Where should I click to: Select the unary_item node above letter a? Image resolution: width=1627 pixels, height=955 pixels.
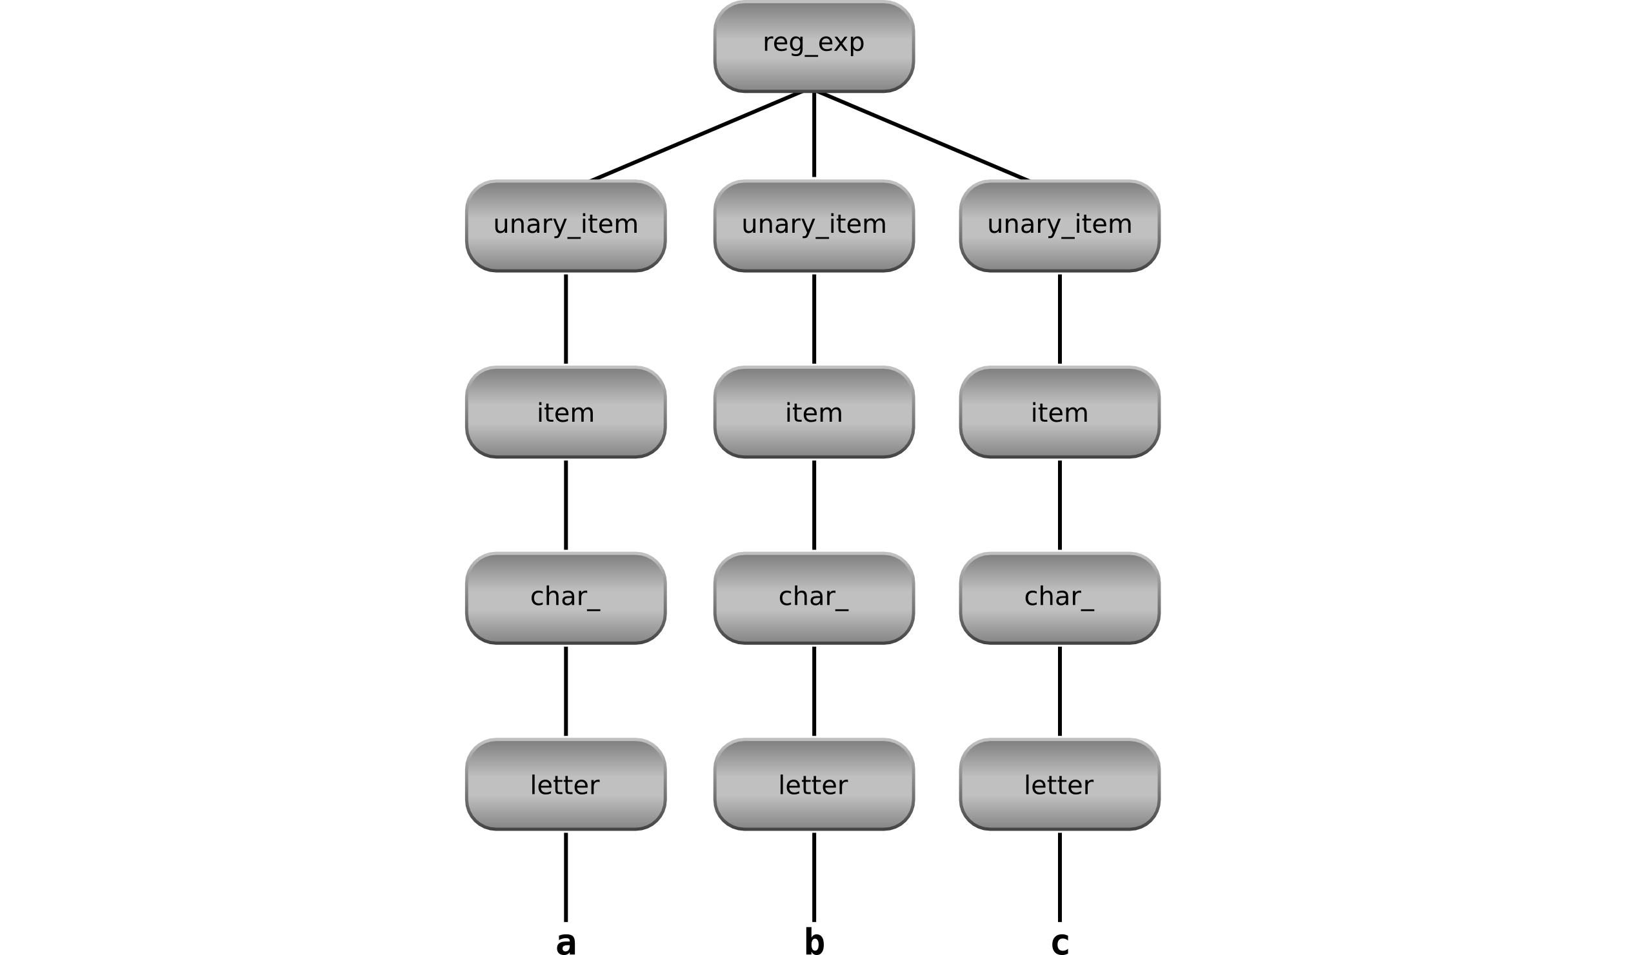[566, 226]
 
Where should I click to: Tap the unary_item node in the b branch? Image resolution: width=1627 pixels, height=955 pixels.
[813, 226]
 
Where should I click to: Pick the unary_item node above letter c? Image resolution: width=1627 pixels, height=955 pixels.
[1059, 226]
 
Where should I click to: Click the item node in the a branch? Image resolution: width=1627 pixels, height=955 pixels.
[566, 412]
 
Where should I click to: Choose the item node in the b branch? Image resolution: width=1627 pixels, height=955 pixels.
[813, 412]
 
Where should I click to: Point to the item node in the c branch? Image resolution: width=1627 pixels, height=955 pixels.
[1059, 412]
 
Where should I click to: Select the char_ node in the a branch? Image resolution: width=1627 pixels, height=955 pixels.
[566, 598]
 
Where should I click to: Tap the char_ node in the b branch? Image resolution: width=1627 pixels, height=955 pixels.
[813, 598]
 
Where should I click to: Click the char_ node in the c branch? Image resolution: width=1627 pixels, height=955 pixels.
[1059, 598]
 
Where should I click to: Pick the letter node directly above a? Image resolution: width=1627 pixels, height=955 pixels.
[566, 784]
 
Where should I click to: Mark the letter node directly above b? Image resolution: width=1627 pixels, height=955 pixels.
[813, 784]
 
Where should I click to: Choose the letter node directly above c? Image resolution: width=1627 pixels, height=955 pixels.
[1059, 784]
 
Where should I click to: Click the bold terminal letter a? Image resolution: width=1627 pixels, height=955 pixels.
[566, 943]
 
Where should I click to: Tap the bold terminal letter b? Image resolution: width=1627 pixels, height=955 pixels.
[814, 941]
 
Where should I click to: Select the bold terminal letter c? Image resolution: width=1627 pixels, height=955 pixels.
[1060, 943]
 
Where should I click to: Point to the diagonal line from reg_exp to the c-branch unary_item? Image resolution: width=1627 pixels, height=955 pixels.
[923, 136]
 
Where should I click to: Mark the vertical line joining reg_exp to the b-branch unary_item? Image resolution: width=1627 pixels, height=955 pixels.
[814, 135]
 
